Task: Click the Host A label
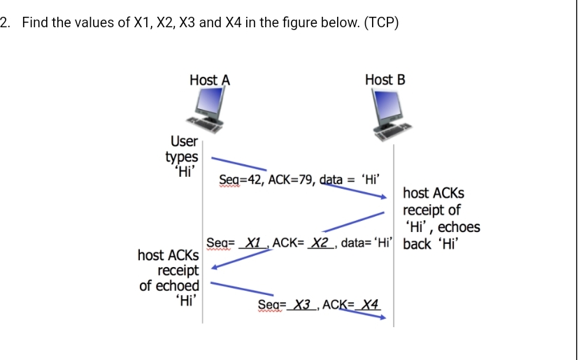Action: pyautogui.click(x=210, y=80)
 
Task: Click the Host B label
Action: pyautogui.click(x=385, y=80)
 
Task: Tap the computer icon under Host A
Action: pyautogui.click(x=209, y=112)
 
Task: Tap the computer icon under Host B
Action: pyautogui.click(x=392, y=115)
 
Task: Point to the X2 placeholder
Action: pyautogui.click(x=320, y=243)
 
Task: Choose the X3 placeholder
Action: pyautogui.click(x=301, y=305)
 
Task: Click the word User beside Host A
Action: pyautogui.click(x=184, y=142)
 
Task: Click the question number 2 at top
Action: pyautogui.click(x=6, y=22)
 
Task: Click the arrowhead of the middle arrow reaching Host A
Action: pyautogui.click(x=215, y=266)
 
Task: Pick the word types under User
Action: pyautogui.click(x=182, y=157)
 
